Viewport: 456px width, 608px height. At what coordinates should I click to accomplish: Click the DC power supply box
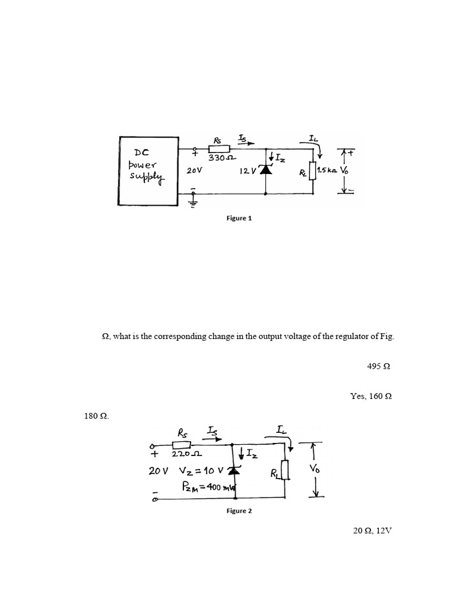[148, 171]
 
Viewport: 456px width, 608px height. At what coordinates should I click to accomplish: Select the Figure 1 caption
[239, 218]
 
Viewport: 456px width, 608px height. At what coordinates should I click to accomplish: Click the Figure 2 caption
[239, 511]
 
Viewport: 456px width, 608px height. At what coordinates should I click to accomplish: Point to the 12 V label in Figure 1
[248, 170]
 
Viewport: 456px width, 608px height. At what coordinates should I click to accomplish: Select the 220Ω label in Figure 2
[182, 455]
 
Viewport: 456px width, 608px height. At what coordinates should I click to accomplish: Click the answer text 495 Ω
[379, 367]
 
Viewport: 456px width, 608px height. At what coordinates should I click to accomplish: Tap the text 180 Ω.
[97, 416]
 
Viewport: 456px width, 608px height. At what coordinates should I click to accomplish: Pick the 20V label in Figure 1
[195, 170]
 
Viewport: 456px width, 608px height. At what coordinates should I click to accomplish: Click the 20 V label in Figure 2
[159, 471]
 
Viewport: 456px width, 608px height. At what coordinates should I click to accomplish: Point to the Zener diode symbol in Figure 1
[265, 170]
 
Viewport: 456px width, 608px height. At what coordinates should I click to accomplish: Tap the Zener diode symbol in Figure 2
[232, 471]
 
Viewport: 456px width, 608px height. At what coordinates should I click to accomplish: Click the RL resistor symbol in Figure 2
[286, 471]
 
